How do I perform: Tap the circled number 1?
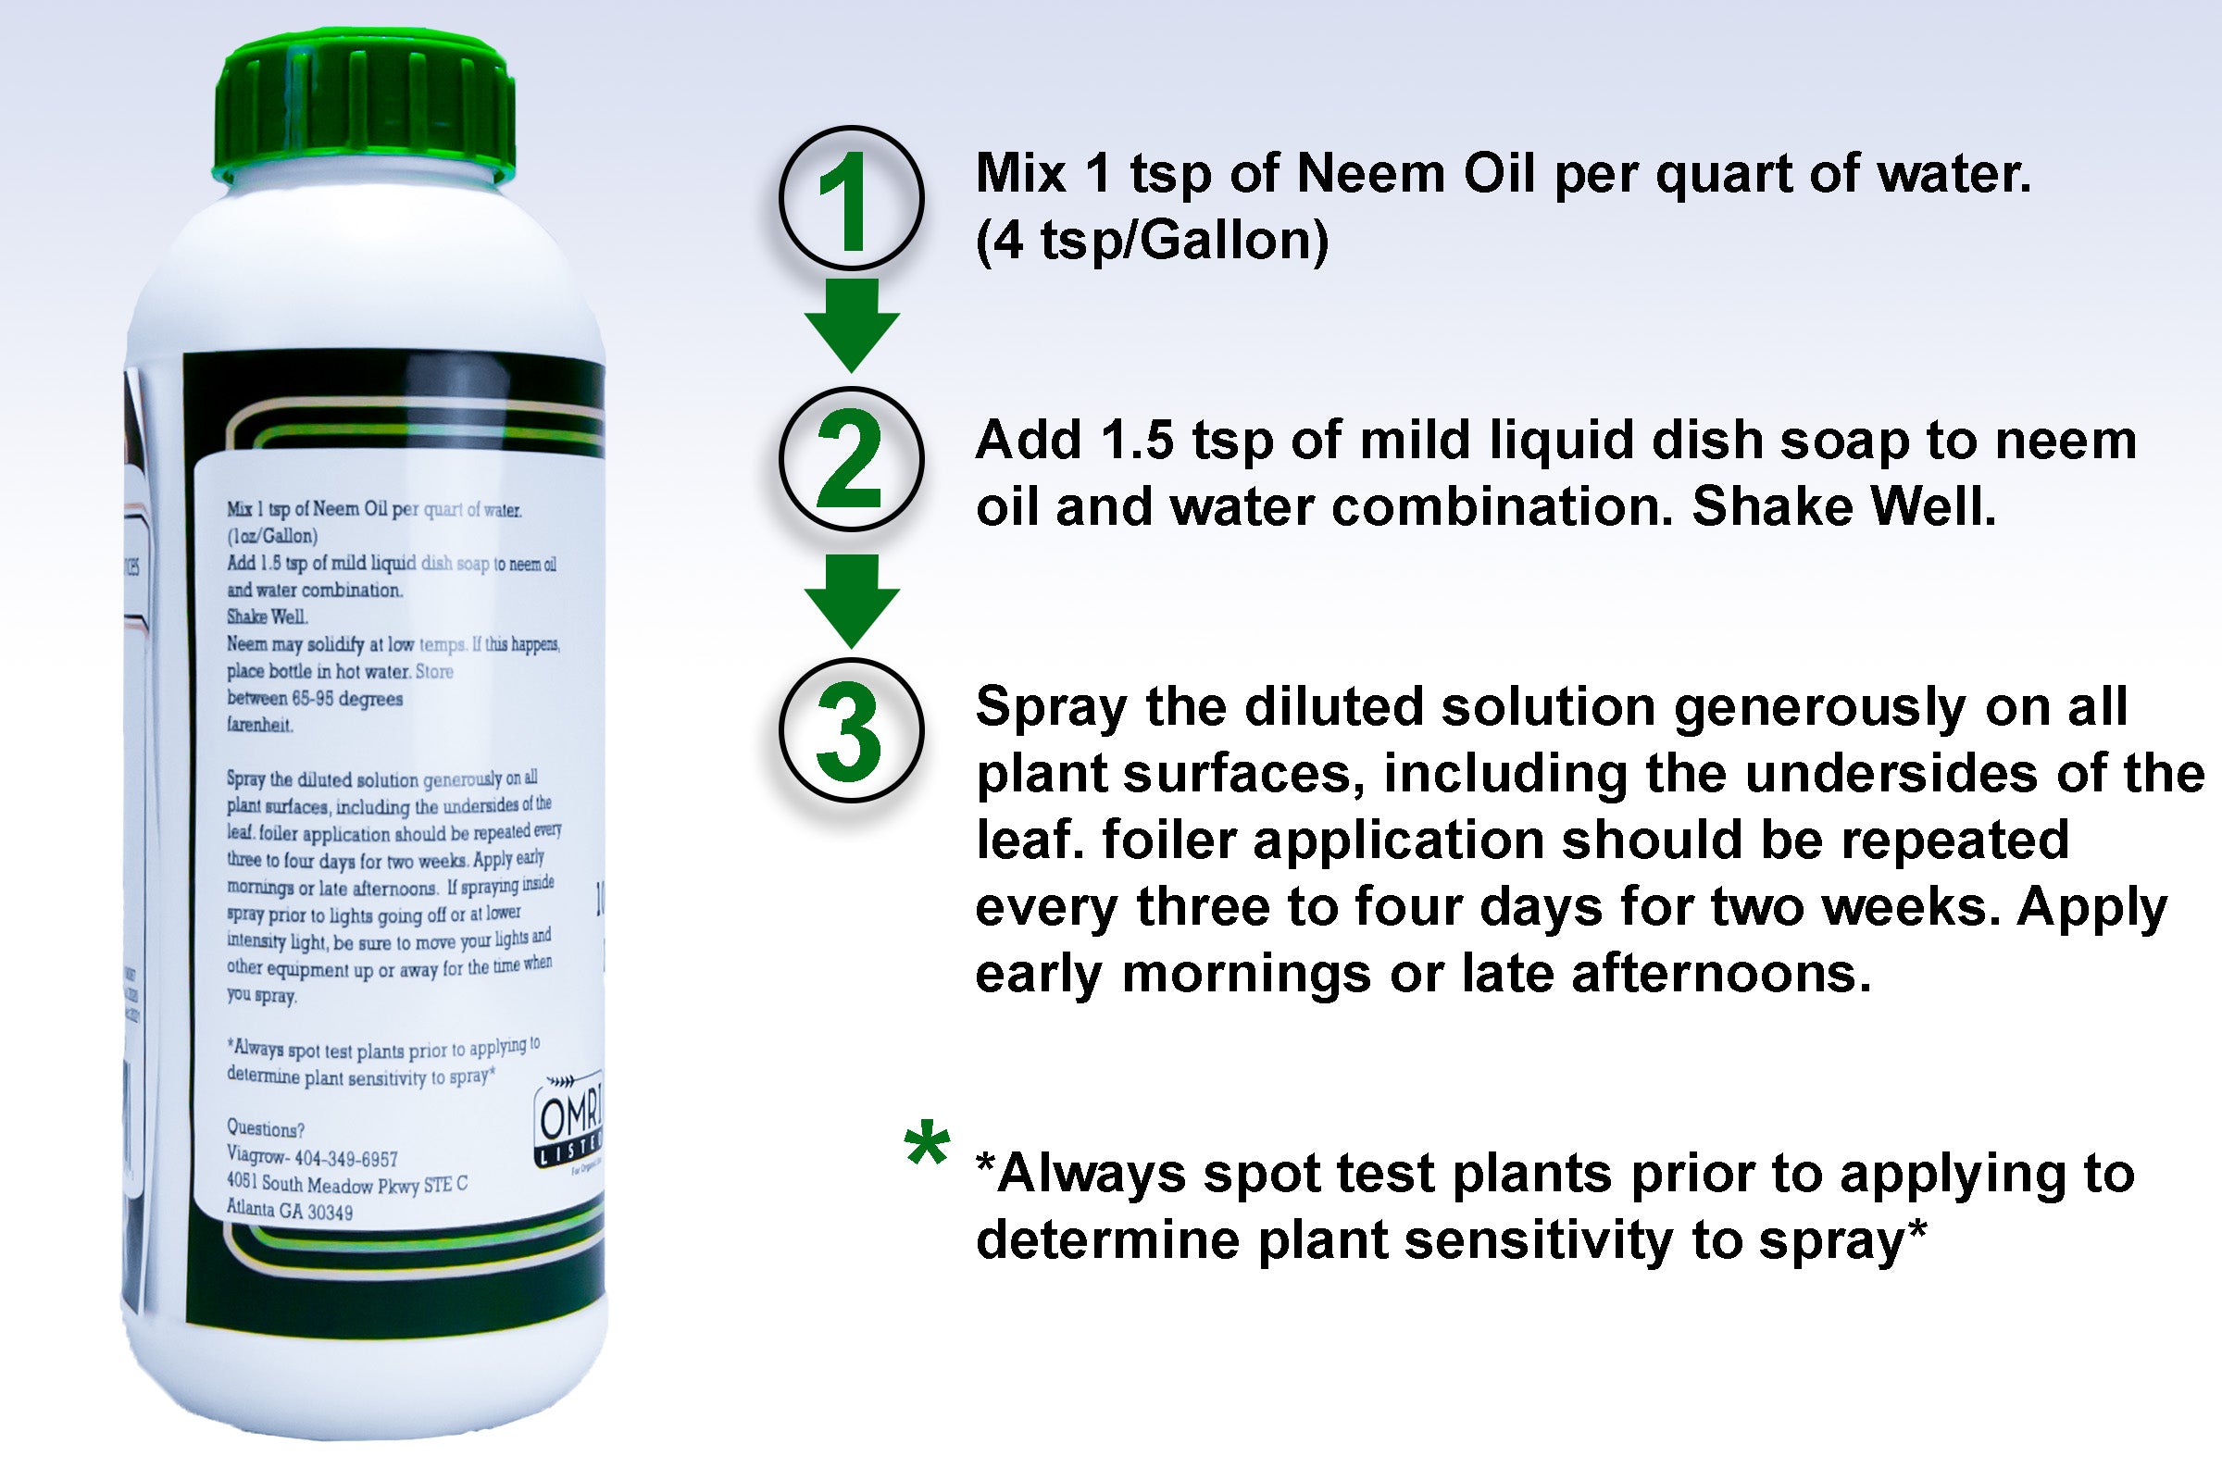tap(851, 198)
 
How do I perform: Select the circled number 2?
tap(851, 459)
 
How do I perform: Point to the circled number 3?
tap(851, 730)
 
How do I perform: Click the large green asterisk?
tap(927, 1144)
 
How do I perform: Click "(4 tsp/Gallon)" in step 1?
tap(1152, 240)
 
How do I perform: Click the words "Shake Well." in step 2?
tap(1843, 507)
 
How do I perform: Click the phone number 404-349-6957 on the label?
tap(345, 1158)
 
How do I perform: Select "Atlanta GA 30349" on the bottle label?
tap(289, 1210)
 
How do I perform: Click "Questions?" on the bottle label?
tap(266, 1128)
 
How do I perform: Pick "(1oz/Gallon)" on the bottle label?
tap(272, 536)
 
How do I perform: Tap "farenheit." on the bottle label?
tap(260, 725)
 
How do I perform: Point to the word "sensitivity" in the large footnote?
tap(1539, 1240)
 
